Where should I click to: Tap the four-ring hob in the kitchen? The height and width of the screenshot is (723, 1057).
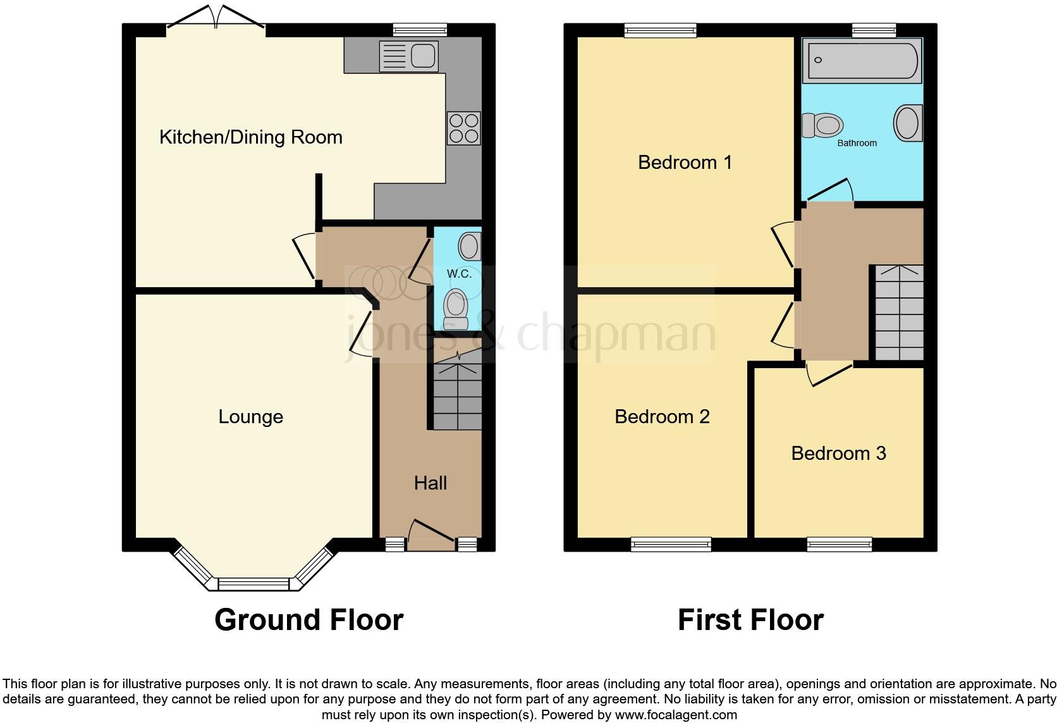tap(463, 128)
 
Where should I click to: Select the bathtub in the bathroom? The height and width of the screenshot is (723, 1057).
tap(861, 61)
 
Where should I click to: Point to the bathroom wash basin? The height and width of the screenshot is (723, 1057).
tap(907, 122)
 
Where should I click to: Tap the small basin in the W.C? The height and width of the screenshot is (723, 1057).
tap(470, 246)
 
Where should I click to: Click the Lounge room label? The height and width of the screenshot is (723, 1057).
tap(250, 417)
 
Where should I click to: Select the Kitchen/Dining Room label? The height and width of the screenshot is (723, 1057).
tap(250, 137)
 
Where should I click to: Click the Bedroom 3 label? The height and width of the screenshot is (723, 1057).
tap(838, 454)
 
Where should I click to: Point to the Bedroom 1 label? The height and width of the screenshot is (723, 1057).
tap(685, 163)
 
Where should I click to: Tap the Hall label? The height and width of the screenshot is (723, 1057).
tap(430, 483)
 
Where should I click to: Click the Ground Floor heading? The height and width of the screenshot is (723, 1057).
tap(309, 620)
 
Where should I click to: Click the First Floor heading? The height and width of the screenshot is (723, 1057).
tap(750, 620)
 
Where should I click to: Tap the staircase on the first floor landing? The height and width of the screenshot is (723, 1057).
tap(898, 313)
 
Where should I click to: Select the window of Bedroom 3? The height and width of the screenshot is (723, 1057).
tap(839, 543)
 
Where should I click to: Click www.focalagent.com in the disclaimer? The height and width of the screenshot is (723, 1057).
tap(675, 715)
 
